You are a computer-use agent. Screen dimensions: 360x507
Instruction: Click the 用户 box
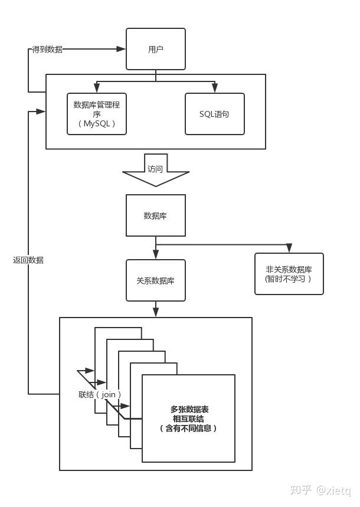[156, 49]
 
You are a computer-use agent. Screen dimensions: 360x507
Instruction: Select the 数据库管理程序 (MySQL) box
[97, 114]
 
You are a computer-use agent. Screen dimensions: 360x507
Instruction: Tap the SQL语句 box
[214, 114]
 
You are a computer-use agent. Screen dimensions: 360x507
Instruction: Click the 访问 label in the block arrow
[155, 169]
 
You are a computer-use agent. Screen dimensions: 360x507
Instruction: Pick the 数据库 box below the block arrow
[156, 215]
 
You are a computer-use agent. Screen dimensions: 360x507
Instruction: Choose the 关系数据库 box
[156, 280]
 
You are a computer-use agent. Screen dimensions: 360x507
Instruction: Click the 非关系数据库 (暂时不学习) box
[289, 274]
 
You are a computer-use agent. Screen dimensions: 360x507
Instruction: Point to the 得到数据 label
[47, 49]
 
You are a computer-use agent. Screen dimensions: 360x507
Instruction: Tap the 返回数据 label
[28, 260]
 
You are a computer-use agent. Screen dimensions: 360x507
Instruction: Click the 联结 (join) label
[100, 394]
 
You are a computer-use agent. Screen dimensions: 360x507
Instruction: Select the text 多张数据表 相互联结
[189, 414]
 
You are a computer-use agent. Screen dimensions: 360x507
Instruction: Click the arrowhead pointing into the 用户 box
[121, 49]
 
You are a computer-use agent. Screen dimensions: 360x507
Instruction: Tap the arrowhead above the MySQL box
[96, 87]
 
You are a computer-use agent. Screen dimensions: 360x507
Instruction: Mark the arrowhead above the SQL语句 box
[214, 87]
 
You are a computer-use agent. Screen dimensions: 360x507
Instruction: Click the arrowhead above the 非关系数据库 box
[289, 248]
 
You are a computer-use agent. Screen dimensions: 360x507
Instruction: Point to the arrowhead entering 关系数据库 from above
[156, 254]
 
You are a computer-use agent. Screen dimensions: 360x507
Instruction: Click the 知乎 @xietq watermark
[320, 490]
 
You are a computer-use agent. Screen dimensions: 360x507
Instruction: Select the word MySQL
[97, 123]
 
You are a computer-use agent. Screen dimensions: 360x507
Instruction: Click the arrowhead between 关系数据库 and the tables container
[156, 312]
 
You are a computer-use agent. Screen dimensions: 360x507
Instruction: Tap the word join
[109, 395]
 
